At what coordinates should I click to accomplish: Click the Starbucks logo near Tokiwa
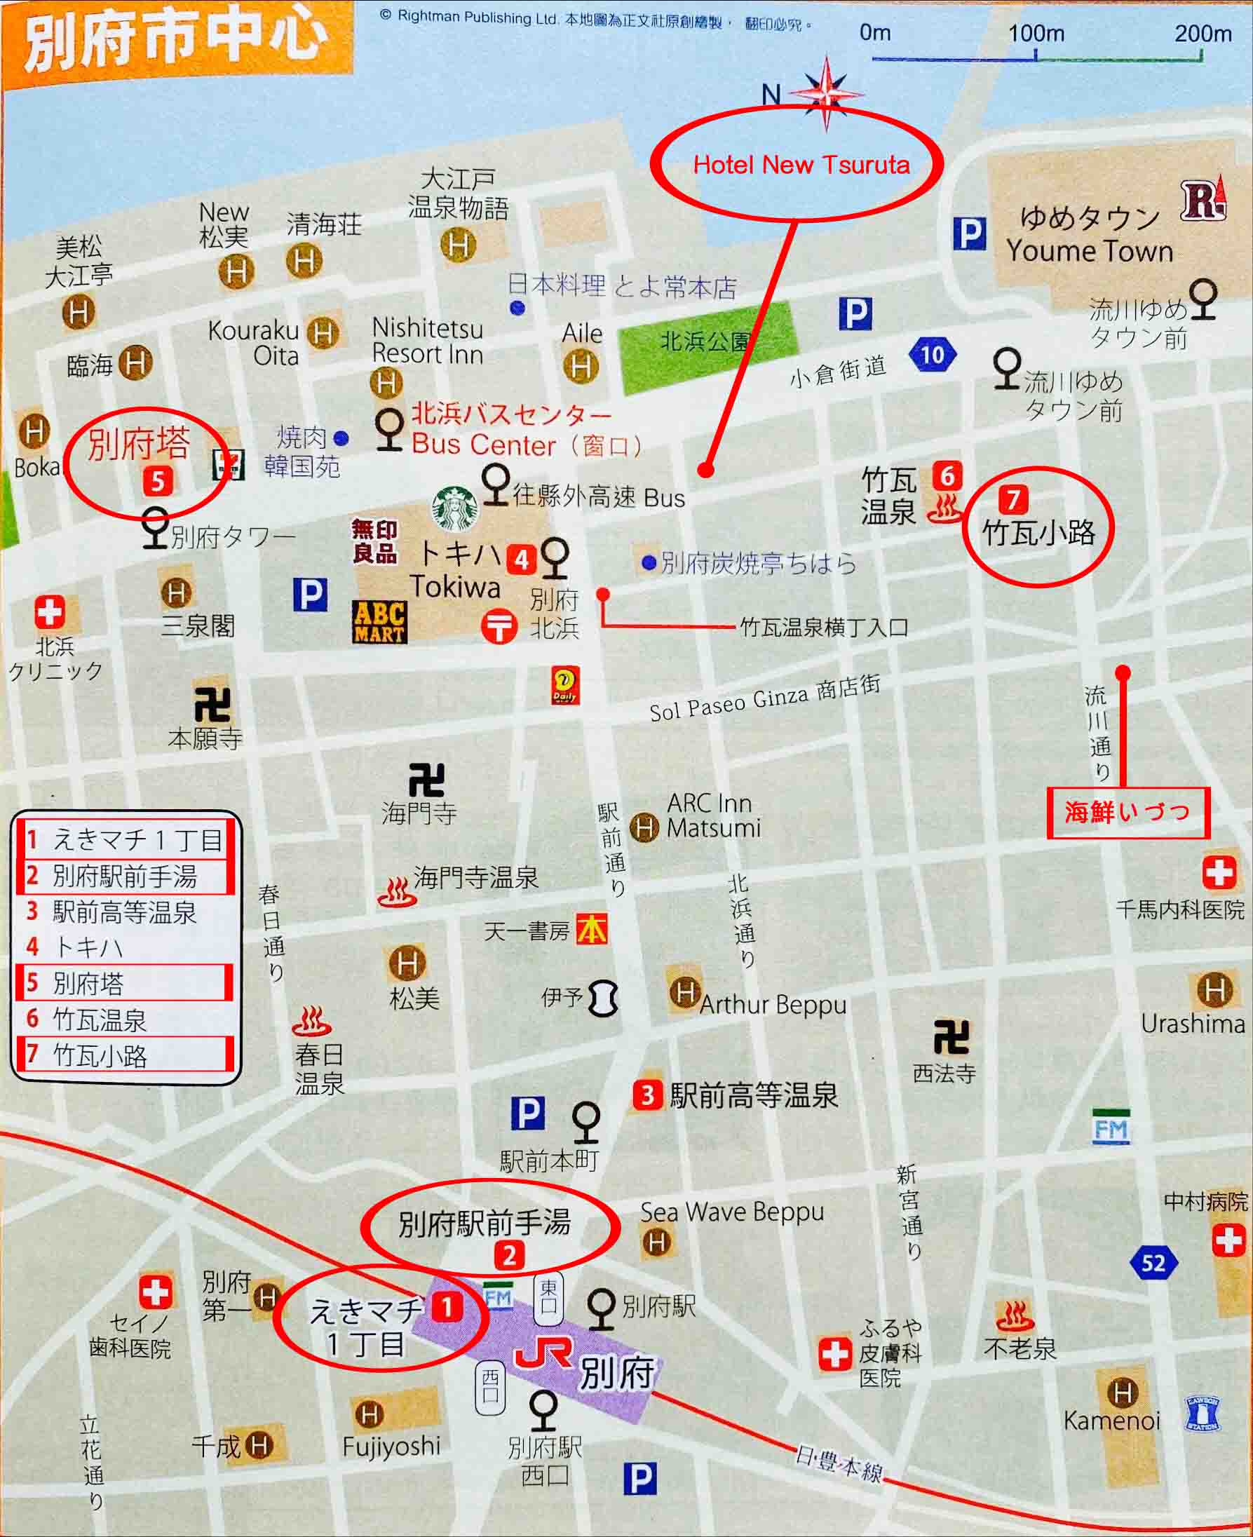pos(454,508)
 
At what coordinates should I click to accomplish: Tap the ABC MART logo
pos(379,621)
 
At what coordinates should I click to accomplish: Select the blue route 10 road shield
pos(932,354)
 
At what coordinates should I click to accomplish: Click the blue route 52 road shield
pos(1153,1263)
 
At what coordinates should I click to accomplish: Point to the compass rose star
pos(827,93)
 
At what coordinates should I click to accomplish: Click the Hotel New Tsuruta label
pos(801,165)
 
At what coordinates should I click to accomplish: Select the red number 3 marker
pos(647,1095)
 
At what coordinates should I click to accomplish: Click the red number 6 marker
pos(947,475)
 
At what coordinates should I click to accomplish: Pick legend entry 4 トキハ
pos(87,947)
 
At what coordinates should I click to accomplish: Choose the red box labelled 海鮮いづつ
pos(1127,813)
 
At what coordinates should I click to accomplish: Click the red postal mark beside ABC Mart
pos(499,625)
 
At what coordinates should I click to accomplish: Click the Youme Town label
pos(1089,251)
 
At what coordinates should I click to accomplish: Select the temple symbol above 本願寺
pos(212,704)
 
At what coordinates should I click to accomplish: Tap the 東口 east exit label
pos(548,1298)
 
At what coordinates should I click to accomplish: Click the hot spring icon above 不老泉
pos(1015,1317)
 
